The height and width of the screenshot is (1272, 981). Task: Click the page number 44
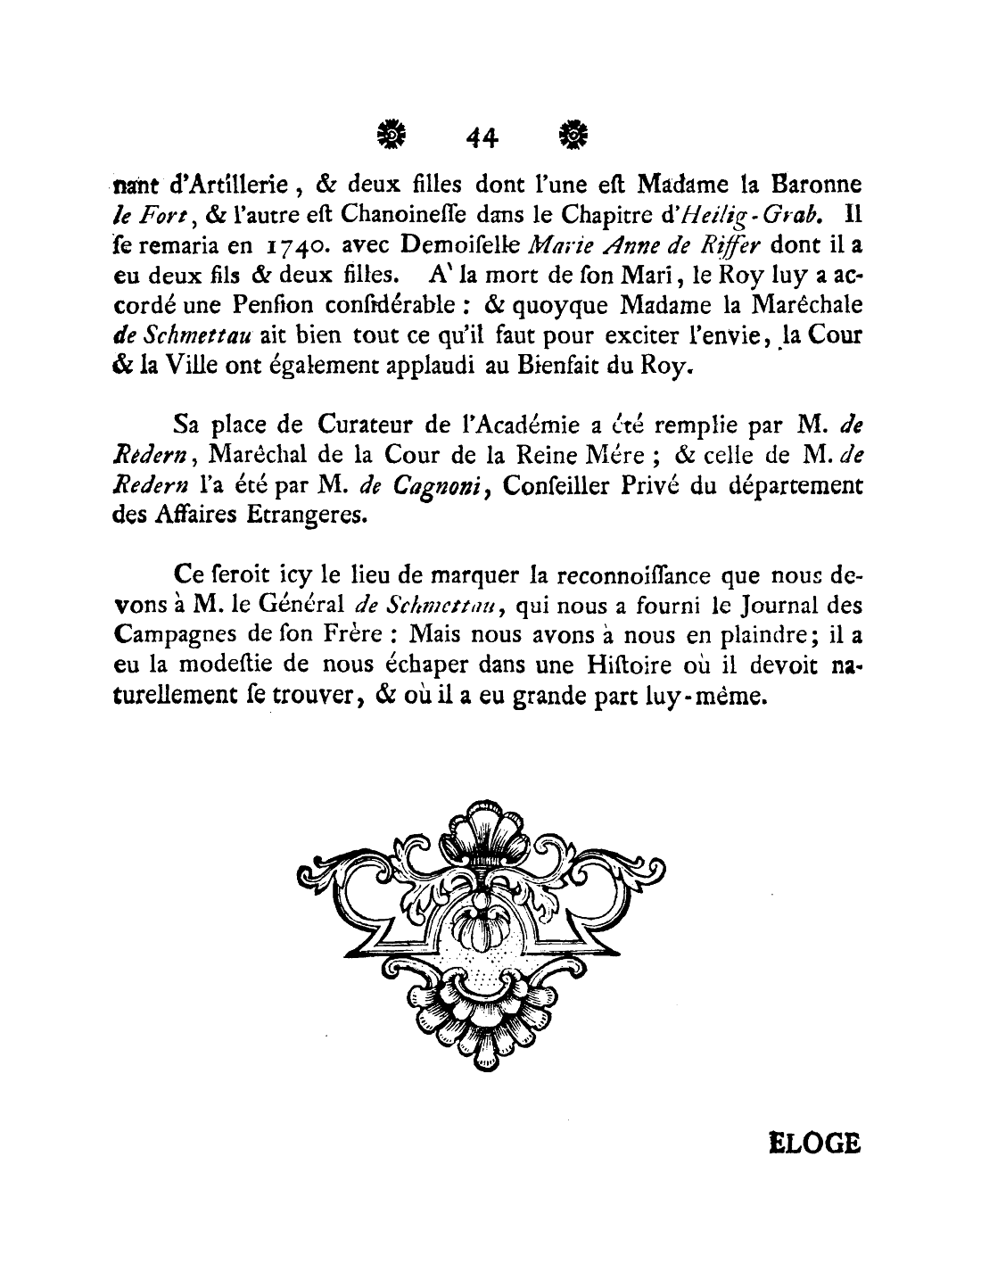pos(482,136)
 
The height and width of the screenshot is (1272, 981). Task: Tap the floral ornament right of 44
pos(573,134)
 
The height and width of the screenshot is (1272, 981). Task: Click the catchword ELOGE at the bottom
pos(814,1144)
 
